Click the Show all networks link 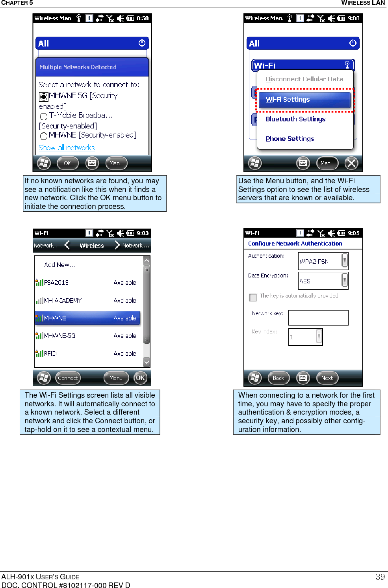point(67,148)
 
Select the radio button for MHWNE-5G point(44,96)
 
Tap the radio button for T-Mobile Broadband point(44,116)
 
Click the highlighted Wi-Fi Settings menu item point(304,100)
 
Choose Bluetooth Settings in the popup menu point(295,119)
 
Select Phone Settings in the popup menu point(290,139)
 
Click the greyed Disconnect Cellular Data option point(304,79)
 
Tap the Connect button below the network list point(68,378)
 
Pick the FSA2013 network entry point(56,283)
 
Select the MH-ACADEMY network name point(63,300)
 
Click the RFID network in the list point(50,354)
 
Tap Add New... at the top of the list point(59,265)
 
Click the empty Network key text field point(318,318)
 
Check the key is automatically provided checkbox point(253,297)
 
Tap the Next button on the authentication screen point(327,378)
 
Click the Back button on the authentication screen point(278,378)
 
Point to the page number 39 point(380,577)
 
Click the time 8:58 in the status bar point(143,18)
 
